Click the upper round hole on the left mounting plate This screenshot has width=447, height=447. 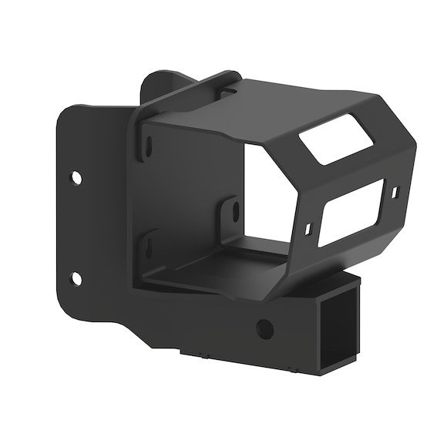click(76, 177)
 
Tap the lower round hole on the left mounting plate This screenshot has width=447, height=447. click(76, 277)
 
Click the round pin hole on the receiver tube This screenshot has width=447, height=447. click(264, 328)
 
